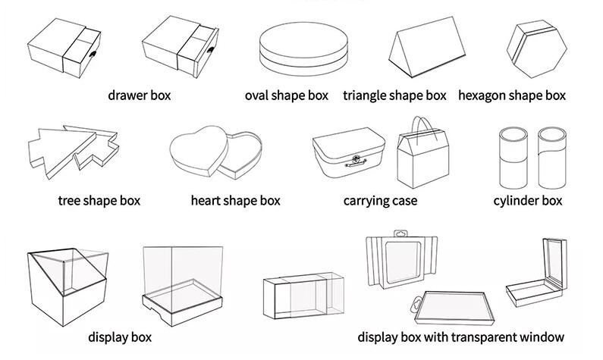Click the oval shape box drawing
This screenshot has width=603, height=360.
point(303,49)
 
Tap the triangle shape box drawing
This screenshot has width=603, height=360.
point(426,47)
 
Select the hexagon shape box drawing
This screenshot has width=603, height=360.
point(536,49)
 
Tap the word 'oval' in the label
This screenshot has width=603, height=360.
point(256,95)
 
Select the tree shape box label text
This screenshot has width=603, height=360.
point(99,201)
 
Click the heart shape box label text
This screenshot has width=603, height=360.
point(236,201)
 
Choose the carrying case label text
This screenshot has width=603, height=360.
point(380,202)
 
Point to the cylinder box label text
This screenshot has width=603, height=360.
point(528,201)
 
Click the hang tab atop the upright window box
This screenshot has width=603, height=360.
point(401,233)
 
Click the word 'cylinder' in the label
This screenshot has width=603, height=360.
point(514,201)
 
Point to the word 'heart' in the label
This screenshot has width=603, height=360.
point(206,201)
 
